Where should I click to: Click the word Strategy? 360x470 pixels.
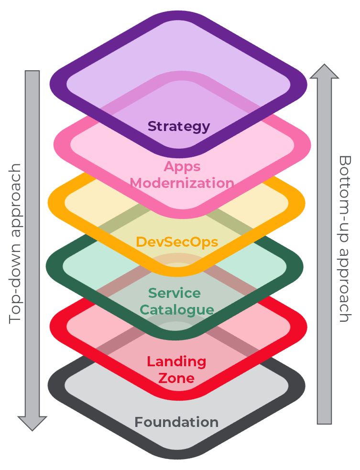click(179, 126)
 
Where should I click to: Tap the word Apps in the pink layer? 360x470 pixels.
click(182, 166)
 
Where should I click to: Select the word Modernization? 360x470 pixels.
click(182, 183)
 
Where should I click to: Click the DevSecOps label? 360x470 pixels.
click(177, 242)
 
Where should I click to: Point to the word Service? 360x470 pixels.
click(175, 293)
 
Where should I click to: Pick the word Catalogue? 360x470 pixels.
click(176, 309)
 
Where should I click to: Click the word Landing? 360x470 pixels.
click(176, 361)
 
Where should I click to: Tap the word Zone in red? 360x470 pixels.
click(176, 378)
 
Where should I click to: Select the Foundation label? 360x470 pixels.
click(176, 422)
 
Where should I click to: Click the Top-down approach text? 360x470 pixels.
click(16, 244)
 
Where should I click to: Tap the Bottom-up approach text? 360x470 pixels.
click(345, 239)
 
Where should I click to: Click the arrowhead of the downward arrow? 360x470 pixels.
click(33, 423)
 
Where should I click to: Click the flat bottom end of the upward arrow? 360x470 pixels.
click(325, 422)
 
